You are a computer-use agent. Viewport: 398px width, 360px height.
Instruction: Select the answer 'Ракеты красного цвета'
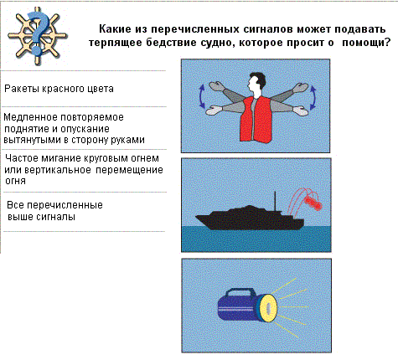coord(59,89)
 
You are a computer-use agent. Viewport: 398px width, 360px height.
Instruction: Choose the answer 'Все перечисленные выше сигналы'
coord(54,211)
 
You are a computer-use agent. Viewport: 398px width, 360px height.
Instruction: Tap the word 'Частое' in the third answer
coord(22,158)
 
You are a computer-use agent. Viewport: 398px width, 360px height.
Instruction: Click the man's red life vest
coord(256,120)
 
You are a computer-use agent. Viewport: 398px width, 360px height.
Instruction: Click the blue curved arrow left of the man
coord(201,97)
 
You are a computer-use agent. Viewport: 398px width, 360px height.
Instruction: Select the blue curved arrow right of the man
coord(313,97)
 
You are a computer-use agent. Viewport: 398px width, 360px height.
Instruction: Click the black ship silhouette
coord(250,217)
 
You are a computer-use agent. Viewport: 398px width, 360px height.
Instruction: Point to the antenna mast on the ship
coord(275,201)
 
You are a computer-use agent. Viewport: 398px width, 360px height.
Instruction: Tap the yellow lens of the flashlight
coord(268,308)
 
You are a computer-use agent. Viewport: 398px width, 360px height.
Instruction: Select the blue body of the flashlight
coord(240,307)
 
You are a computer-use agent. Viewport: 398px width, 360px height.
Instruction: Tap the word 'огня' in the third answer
coord(16,181)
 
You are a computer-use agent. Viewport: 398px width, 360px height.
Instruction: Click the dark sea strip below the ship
coord(256,239)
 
